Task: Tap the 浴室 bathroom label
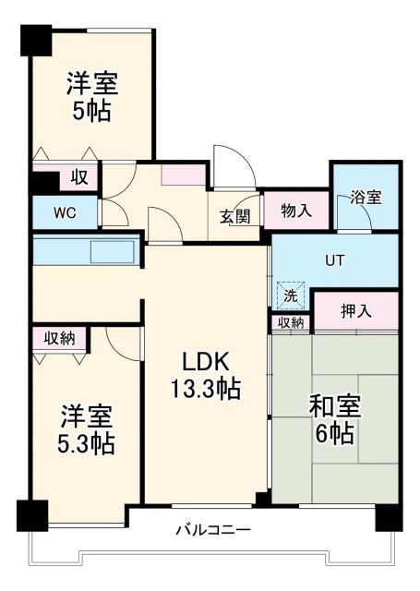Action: pyautogui.click(x=366, y=198)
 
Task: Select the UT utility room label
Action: pyautogui.click(x=334, y=260)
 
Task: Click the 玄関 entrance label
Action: pyautogui.click(x=234, y=216)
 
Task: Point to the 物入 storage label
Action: pyautogui.click(x=295, y=211)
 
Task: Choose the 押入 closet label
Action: pyautogui.click(x=355, y=311)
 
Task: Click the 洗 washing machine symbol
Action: pyautogui.click(x=291, y=297)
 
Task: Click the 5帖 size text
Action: pyautogui.click(x=91, y=112)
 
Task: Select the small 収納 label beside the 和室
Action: pyautogui.click(x=291, y=322)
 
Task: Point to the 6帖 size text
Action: pyautogui.click(x=333, y=434)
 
